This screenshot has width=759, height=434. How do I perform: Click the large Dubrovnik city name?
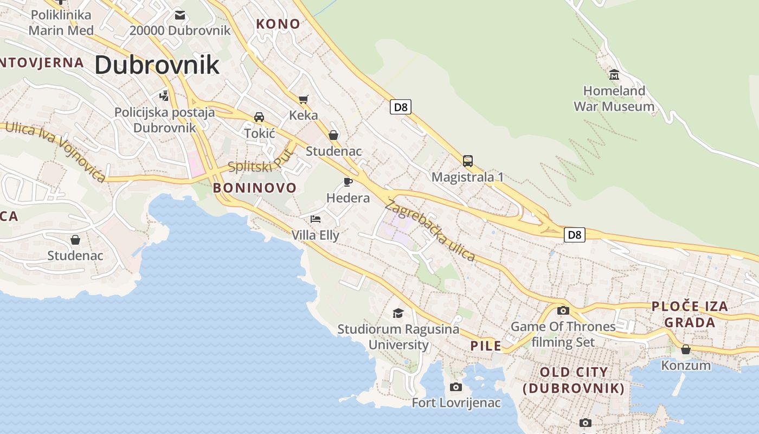pyautogui.click(x=157, y=65)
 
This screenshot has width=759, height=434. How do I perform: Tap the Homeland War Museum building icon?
pyautogui.click(x=614, y=74)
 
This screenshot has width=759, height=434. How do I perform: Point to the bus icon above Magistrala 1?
pyautogui.click(x=467, y=161)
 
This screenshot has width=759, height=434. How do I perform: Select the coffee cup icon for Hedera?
pyautogui.click(x=348, y=181)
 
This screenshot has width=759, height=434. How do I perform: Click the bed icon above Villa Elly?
pyautogui.click(x=315, y=219)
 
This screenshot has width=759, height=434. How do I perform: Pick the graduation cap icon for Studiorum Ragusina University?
pyautogui.click(x=398, y=313)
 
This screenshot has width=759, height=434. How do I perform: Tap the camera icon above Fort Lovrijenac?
pyautogui.click(x=456, y=387)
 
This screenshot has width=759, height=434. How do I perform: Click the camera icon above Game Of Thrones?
pyautogui.click(x=563, y=310)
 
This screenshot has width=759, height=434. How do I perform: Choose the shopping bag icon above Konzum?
pyautogui.click(x=686, y=349)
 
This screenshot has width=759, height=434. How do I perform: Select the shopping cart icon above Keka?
pyautogui.click(x=303, y=99)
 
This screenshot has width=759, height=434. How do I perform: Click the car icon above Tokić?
pyautogui.click(x=259, y=117)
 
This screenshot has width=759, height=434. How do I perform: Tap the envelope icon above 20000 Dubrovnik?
pyautogui.click(x=179, y=15)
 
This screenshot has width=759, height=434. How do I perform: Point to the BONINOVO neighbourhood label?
pyautogui.click(x=255, y=188)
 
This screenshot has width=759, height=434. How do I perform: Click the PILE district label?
pyautogui.click(x=486, y=346)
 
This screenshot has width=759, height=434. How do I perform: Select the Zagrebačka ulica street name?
pyautogui.click(x=430, y=231)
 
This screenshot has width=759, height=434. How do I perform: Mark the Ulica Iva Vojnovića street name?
pyautogui.click(x=56, y=151)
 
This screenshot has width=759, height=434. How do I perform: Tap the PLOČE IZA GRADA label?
pyautogui.click(x=690, y=315)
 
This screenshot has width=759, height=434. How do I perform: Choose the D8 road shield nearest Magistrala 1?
pyautogui.click(x=400, y=107)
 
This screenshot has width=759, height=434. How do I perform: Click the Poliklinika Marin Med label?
pyautogui.click(x=61, y=22)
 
